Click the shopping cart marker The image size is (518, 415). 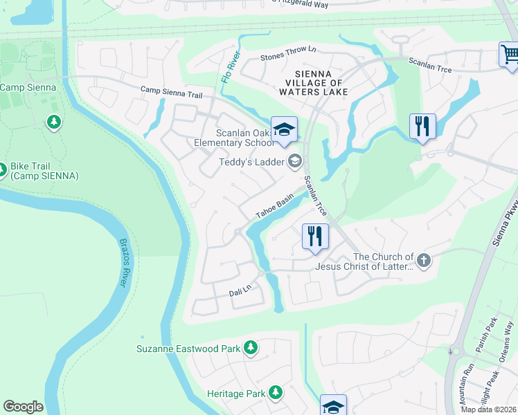coord(509,55)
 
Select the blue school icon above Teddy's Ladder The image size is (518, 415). coord(283,129)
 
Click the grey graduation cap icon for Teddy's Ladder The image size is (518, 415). coord(294,161)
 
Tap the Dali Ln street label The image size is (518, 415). coord(240,293)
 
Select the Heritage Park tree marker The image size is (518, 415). coord(276,393)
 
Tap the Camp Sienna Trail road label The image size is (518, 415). coord(171,91)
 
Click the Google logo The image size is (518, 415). coord(23,407)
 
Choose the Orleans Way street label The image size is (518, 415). coord(508,338)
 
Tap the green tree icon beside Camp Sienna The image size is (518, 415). coord(53,123)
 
